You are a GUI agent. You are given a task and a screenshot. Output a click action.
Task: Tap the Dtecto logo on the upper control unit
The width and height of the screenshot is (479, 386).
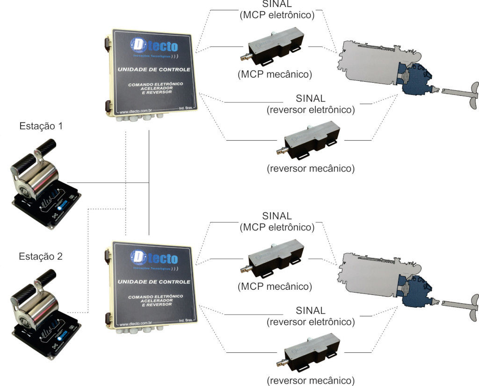pyautogui.click(x=155, y=47)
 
